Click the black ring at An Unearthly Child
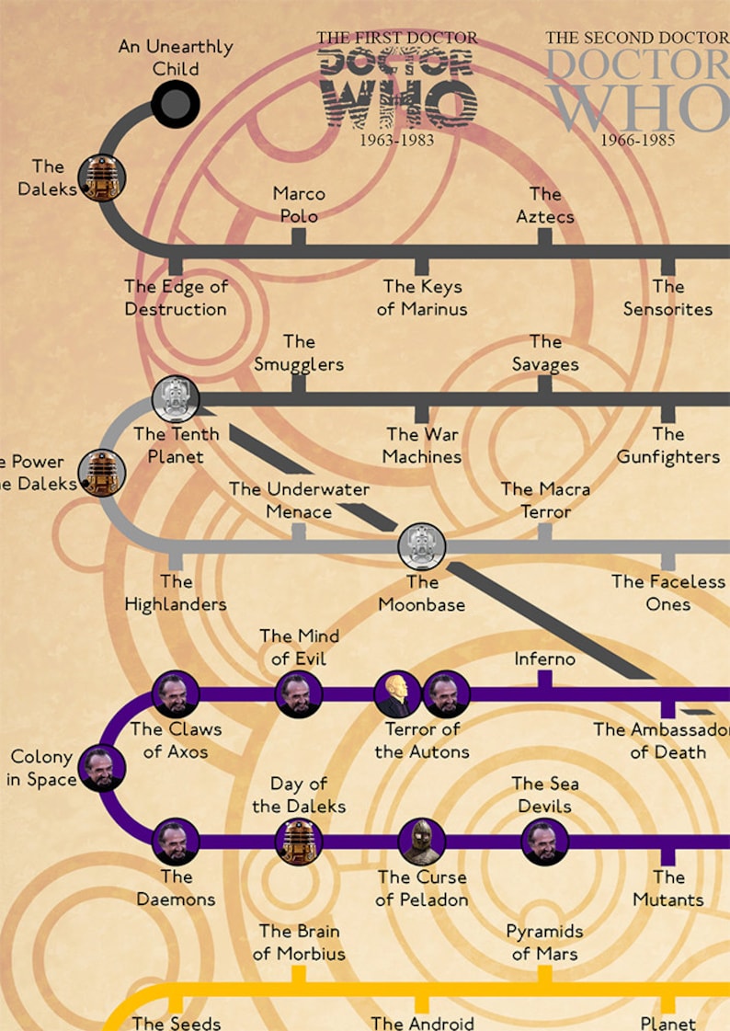[x=175, y=104]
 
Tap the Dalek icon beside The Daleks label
[x=101, y=178]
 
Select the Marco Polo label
[x=299, y=204]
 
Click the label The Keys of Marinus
[x=422, y=298]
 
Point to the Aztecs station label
[x=544, y=204]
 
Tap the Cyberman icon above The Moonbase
[x=422, y=547]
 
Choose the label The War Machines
[x=422, y=445]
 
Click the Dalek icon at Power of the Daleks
[x=101, y=473]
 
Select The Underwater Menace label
[x=299, y=500]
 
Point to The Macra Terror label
[x=545, y=500]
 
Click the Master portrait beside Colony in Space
[x=101, y=769]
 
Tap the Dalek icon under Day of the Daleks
[x=299, y=842]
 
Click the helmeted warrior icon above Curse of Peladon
[x=422, y=841]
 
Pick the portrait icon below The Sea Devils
[x=544, y=842]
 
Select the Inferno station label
[x=544, y=659]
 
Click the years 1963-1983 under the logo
[x=396, y=140]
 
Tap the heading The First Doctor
[x=397, y=38]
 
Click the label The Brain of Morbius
[x=299, y=943]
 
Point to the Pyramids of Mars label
[x=544, y=943]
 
